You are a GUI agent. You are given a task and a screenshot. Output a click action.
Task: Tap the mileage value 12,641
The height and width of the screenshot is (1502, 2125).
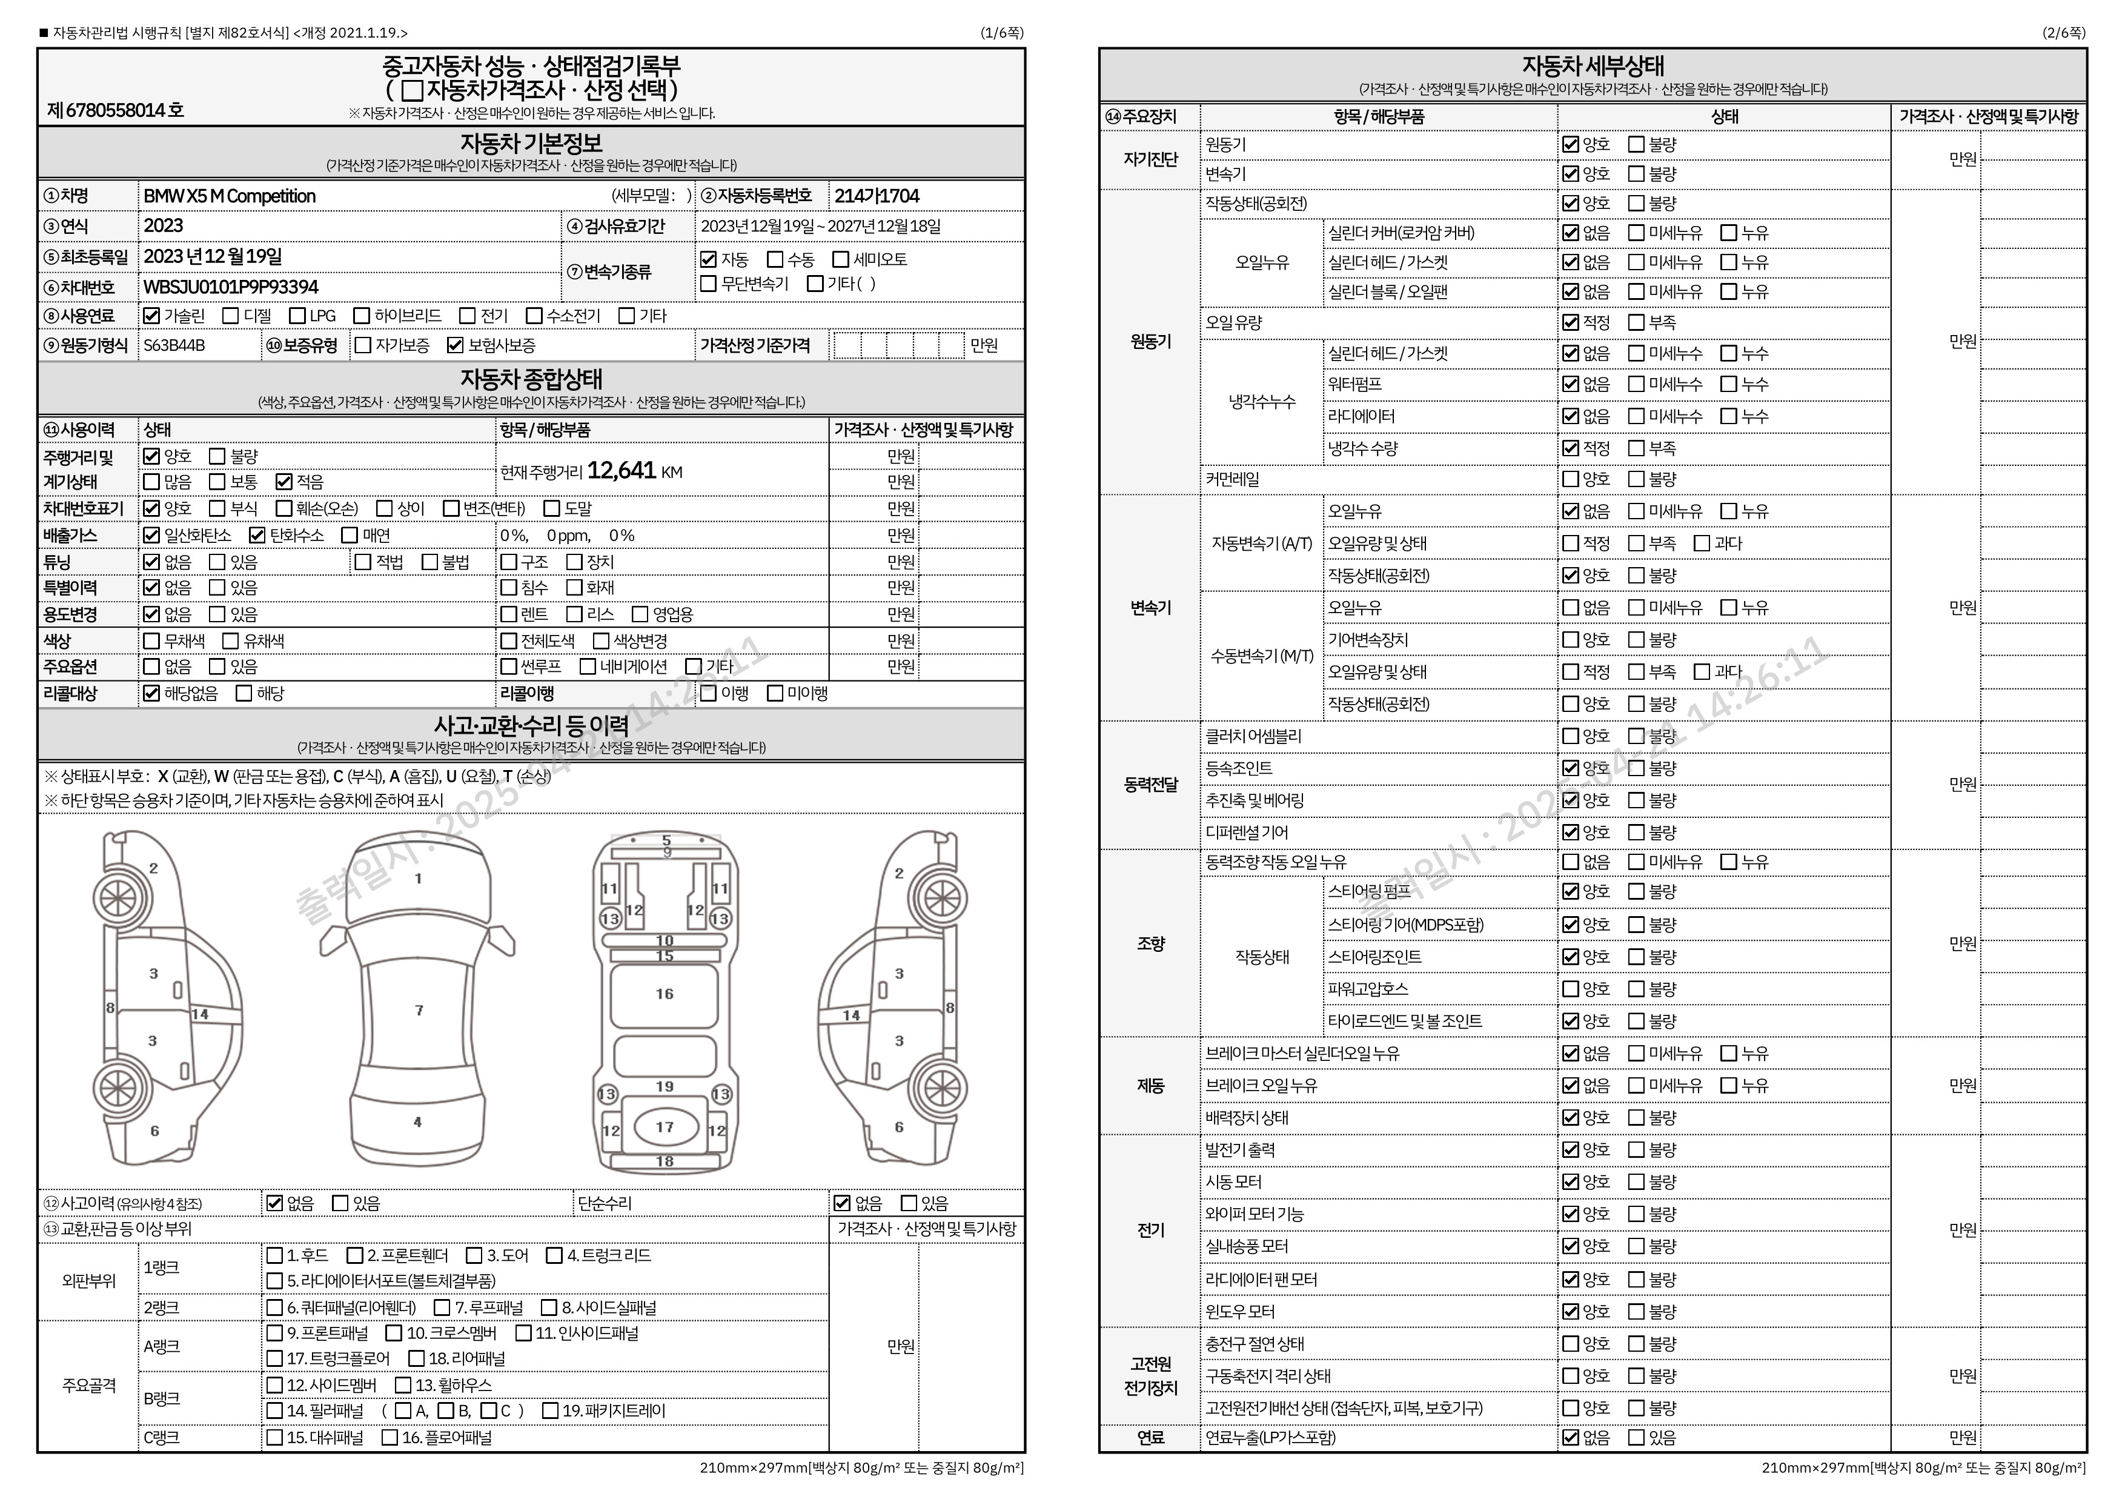pos(621,471)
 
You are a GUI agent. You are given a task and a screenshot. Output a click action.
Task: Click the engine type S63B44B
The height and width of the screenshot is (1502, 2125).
pos(174,345)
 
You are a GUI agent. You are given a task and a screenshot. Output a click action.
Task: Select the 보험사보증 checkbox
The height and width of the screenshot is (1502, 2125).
pos(454,345)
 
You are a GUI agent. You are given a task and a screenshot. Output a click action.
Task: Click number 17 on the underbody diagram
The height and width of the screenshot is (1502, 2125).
pos(665,1127)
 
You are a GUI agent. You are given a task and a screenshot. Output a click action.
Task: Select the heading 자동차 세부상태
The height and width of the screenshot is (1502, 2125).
pos(1592,65)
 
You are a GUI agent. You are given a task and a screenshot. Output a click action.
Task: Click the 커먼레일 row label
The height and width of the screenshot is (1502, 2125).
pos(1232,479)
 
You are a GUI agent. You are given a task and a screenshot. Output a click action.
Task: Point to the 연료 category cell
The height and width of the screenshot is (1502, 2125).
pos(1150,1437)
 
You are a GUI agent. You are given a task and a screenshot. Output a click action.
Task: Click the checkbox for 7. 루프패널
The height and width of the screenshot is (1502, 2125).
pos(442,1308)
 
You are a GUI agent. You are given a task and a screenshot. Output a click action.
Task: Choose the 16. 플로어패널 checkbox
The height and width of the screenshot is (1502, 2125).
pos(390,1437)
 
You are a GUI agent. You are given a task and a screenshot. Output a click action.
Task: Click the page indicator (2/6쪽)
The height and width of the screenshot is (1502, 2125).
pos(2064,32)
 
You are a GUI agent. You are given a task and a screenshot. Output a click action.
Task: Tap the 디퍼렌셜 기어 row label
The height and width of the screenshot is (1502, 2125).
pos(1246,832)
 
